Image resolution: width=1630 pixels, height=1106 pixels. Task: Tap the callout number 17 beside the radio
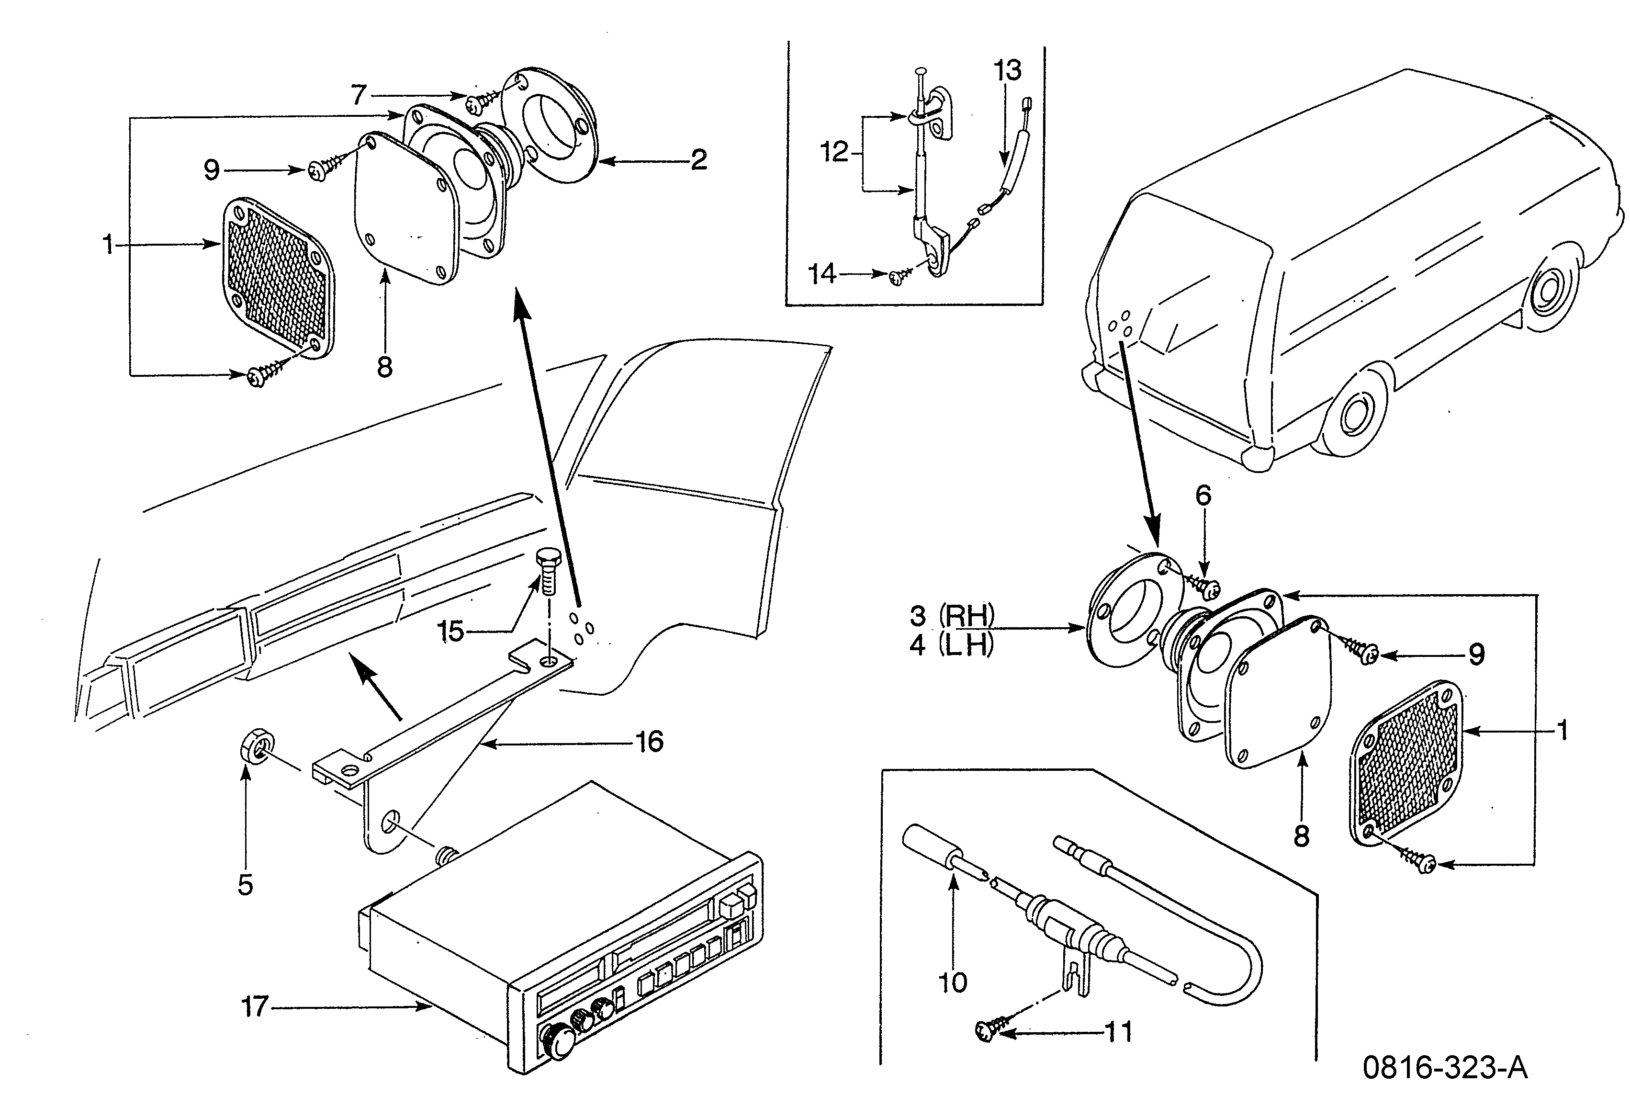click(255, 1007)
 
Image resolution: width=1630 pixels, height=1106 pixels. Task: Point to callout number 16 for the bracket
click(650, 741)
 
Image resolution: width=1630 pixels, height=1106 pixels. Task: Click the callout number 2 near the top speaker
click(698, 160)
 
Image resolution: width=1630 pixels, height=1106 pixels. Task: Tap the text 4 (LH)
click(952, 644)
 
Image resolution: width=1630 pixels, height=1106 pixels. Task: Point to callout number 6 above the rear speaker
click(1203, 496)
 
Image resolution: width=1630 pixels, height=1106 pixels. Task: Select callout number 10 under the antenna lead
click(953, 982)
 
